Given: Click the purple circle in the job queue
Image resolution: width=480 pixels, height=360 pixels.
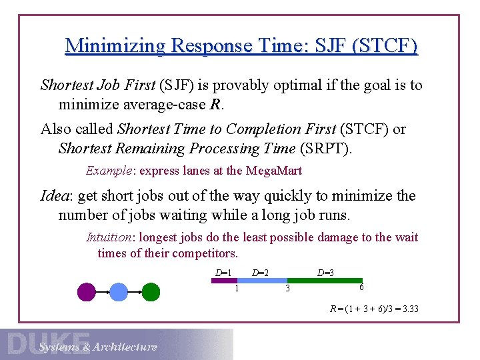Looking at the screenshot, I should [87, 292].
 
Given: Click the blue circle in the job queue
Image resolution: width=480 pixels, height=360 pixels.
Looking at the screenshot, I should [119, 292].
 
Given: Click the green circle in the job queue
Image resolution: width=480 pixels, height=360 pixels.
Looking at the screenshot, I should [151, 292].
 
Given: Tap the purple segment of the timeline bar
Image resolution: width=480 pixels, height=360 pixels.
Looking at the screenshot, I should [224, 281].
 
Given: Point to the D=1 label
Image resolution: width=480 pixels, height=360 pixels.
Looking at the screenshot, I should [223, 273].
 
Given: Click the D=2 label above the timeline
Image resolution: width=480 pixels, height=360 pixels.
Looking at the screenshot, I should [260, 273].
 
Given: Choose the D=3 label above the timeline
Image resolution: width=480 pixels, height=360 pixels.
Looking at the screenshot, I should [325, 273].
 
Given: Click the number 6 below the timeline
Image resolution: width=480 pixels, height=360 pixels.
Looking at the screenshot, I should [361, 287].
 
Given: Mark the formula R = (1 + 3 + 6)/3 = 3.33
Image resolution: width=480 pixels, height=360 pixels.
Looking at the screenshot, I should [374, 309].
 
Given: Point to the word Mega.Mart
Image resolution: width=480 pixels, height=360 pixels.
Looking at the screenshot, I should [274, 171].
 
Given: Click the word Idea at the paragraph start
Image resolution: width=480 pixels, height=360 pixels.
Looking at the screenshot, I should [56, 196].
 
